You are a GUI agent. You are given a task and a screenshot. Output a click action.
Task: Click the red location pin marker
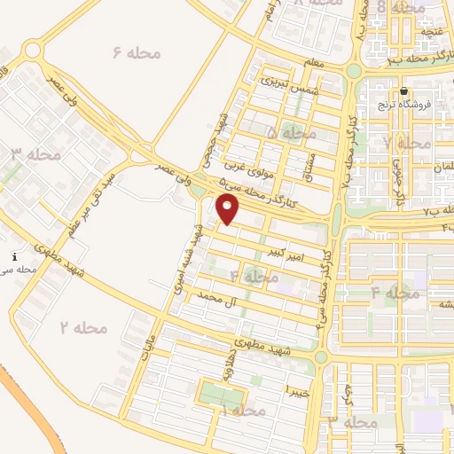(x=229, y=209)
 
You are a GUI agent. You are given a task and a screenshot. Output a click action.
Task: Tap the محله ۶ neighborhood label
(x=137, y=53)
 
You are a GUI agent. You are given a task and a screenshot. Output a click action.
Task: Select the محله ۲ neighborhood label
(x=83, y=327)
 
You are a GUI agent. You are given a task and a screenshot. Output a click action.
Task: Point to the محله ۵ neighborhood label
(x=291, y=132)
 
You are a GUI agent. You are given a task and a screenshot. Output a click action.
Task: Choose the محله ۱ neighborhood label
(x=243, y=411)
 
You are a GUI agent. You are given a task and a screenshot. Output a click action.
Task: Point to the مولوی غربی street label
(x=243, y=165)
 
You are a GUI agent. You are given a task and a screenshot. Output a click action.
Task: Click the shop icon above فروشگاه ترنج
(x=403, y=91)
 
